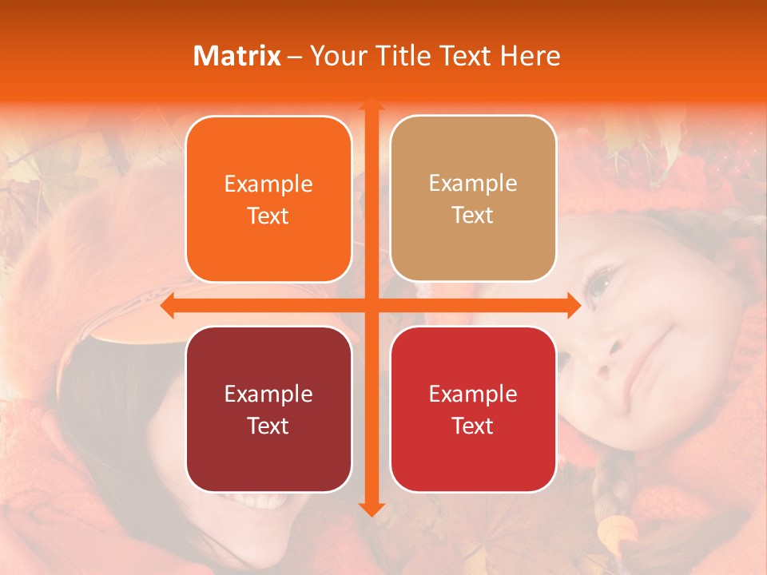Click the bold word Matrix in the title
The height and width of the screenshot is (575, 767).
click(237, 56)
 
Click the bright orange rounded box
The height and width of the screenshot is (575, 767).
click(268, 199)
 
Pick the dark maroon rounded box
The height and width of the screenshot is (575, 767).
click(268, 409)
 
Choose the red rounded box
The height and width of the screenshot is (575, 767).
click(473, 409)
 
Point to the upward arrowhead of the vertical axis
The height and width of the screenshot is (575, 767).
click(370, 104)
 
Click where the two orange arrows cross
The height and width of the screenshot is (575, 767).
click(370, 306)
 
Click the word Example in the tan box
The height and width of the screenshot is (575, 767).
click(473, 183)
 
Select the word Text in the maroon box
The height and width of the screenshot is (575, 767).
click(268, 426)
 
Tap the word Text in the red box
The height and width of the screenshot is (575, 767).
click(473, 426)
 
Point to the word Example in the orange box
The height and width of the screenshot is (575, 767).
click(268, 184)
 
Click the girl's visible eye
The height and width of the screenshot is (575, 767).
click(597, 284)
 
